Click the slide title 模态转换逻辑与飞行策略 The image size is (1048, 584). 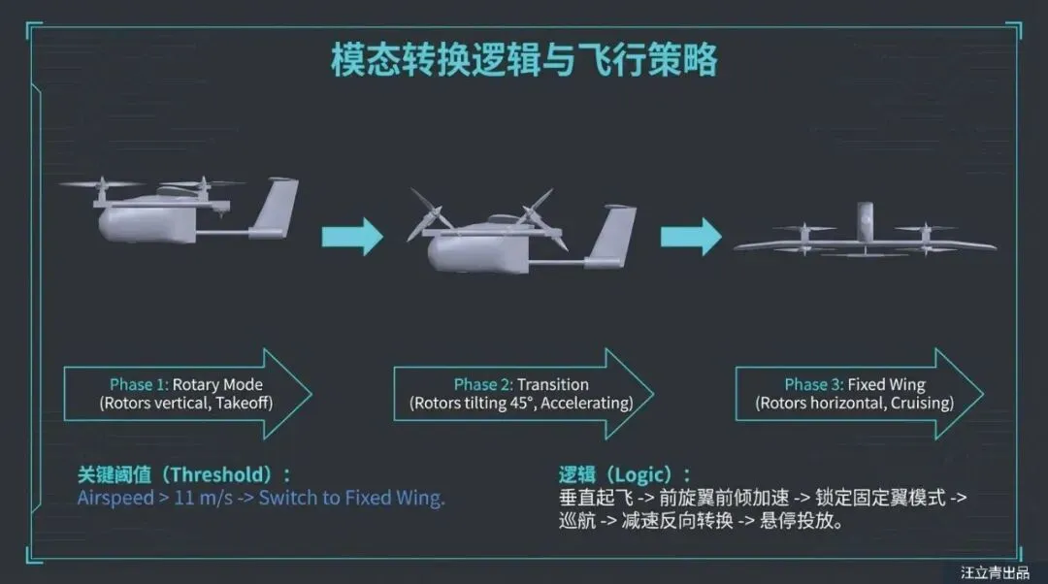point(524,60)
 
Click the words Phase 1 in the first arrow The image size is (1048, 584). point(140,385)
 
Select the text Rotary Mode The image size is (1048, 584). point(217,385)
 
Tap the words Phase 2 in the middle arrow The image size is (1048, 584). point(483,385)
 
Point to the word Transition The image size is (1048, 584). point(552,385)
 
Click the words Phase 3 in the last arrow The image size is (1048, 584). point(813,385)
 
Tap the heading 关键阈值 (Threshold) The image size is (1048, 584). point(184,475)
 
